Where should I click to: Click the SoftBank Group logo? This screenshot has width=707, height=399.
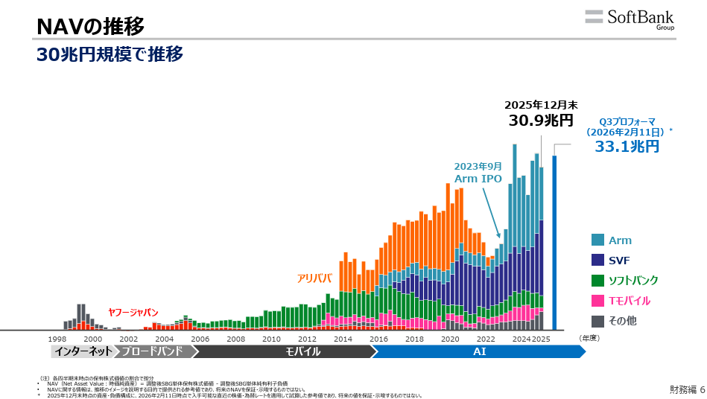pyautogui.click(x=630, y=19)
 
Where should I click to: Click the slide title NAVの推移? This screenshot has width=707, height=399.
pyautogui.click(x=90, y=27)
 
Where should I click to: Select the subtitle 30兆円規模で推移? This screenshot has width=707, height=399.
pyautogui.click(x=110, y=54)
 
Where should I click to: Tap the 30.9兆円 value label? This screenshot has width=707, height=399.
pyautogui.click(x=541, y=121)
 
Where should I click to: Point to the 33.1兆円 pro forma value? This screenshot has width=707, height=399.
pyautogui.click(x=627, y=146)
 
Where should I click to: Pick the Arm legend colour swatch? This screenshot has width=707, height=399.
pyautogui.click(x=597, y=240)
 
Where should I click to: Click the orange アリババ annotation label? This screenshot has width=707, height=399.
pyautogui.click(x=314, y=278)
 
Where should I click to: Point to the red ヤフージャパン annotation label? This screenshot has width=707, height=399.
pyautogui.click(x=133, y=313)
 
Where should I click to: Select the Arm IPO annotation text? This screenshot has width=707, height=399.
pyautogui.click(x=478, y=179)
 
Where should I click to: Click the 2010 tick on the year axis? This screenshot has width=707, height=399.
pyautogui.click(x=271, y=339)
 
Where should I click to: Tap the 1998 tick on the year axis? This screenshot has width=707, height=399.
pyautogui.click(x=57, y=339)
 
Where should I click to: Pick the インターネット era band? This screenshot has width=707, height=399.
pyautogui.click(x=83, y=351)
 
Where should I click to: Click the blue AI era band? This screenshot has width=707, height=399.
pyautogui.click(x=480, y=351)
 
